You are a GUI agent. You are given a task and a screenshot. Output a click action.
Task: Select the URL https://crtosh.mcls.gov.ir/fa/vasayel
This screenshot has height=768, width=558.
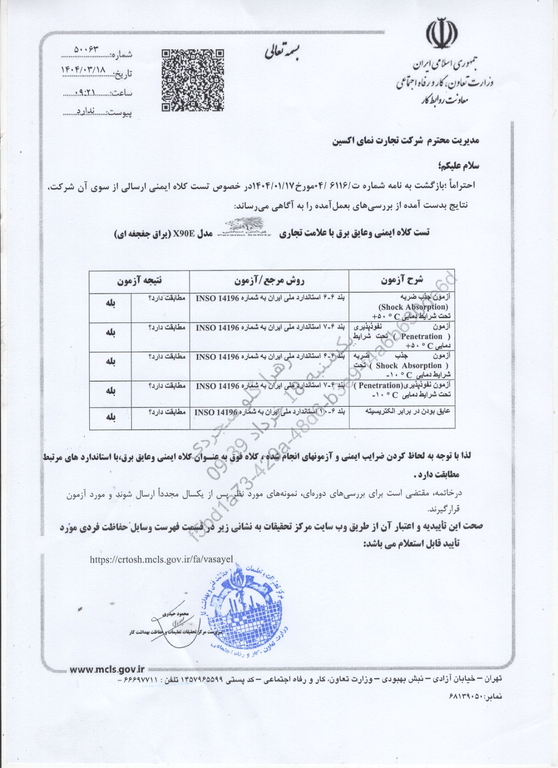tap(161, 559)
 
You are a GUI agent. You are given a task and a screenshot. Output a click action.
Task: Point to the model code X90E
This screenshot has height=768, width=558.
tap(185, 234)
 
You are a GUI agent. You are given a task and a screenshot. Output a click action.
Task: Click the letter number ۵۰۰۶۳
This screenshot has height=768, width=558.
tap(90, 50)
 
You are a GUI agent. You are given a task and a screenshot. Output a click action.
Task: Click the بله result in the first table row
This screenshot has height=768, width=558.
tap(110, 303)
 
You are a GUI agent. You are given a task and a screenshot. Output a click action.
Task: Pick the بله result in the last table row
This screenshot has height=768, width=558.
tap(110, 417)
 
